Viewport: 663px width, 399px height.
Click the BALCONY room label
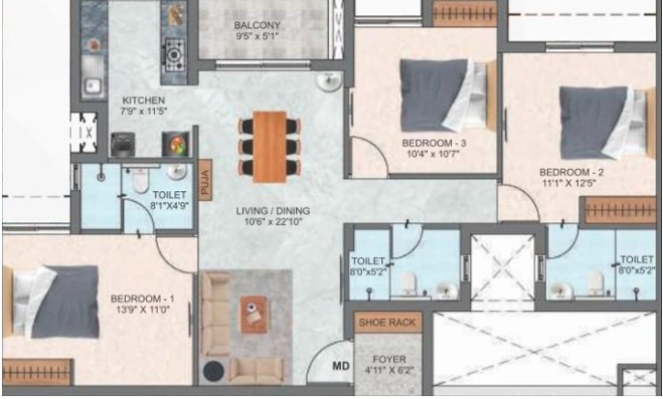(257, 25)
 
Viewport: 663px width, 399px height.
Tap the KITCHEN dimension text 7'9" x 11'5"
(143, 111)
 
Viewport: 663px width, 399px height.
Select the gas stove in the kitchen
(174, 54)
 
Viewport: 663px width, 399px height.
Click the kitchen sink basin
(92, 86)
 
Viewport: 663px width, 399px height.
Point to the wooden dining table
(270, 147)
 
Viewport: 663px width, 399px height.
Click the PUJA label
(205, 182)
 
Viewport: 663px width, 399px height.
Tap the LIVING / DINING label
(273, 211)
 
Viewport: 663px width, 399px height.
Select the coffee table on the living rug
(254, 314)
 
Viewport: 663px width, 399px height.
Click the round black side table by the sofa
(214, 370)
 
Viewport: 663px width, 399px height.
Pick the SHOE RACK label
(387, 323)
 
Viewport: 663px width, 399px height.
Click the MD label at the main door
(341, 365)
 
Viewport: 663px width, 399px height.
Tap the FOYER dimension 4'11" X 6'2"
(388, 370)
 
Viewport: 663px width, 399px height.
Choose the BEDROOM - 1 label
(142, 299)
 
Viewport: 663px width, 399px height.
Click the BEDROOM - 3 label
(434, 143)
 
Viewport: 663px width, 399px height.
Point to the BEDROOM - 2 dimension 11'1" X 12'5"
(569, 184)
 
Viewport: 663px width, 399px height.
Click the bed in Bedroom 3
(446, 95)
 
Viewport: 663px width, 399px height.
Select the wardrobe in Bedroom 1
(37, 372)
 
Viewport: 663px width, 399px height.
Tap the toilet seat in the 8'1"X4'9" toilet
(140, 181)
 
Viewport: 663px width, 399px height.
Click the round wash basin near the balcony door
(329, 81)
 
